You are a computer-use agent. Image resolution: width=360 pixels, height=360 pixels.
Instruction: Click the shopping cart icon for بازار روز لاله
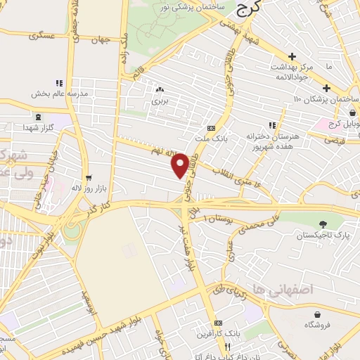pyautogui.click(x=87, y=178)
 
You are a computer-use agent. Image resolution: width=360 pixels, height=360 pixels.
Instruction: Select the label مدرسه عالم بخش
pyautogui.click(x=58, y=93)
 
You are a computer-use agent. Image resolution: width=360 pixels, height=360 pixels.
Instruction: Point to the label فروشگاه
pyautogui.click(x=318, y=325)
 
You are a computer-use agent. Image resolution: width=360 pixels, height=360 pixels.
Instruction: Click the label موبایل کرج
pyautogui.click(x=344, y=134)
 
